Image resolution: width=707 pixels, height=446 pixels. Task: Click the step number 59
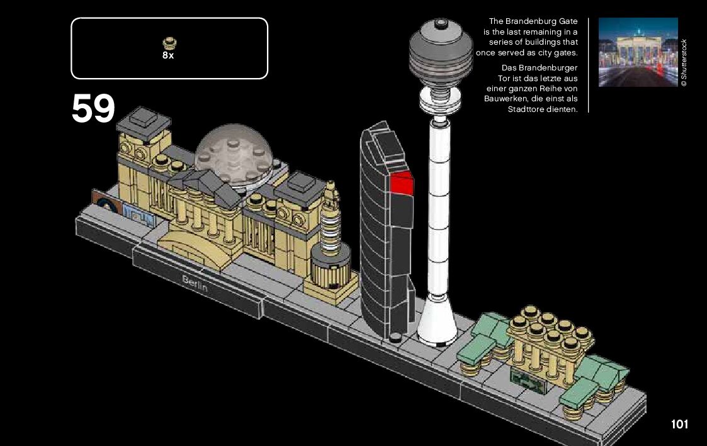click(93, 109)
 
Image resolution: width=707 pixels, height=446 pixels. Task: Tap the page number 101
click(679, 424)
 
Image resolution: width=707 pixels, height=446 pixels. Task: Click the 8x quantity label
click(168, 55)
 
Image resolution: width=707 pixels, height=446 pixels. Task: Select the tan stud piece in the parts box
click(169, 43)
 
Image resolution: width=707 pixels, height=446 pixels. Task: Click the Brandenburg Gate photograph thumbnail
click(637, 52)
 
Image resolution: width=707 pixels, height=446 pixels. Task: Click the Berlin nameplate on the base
click(195, 285)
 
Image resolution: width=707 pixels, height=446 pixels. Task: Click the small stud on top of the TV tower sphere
click(441, 22)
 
